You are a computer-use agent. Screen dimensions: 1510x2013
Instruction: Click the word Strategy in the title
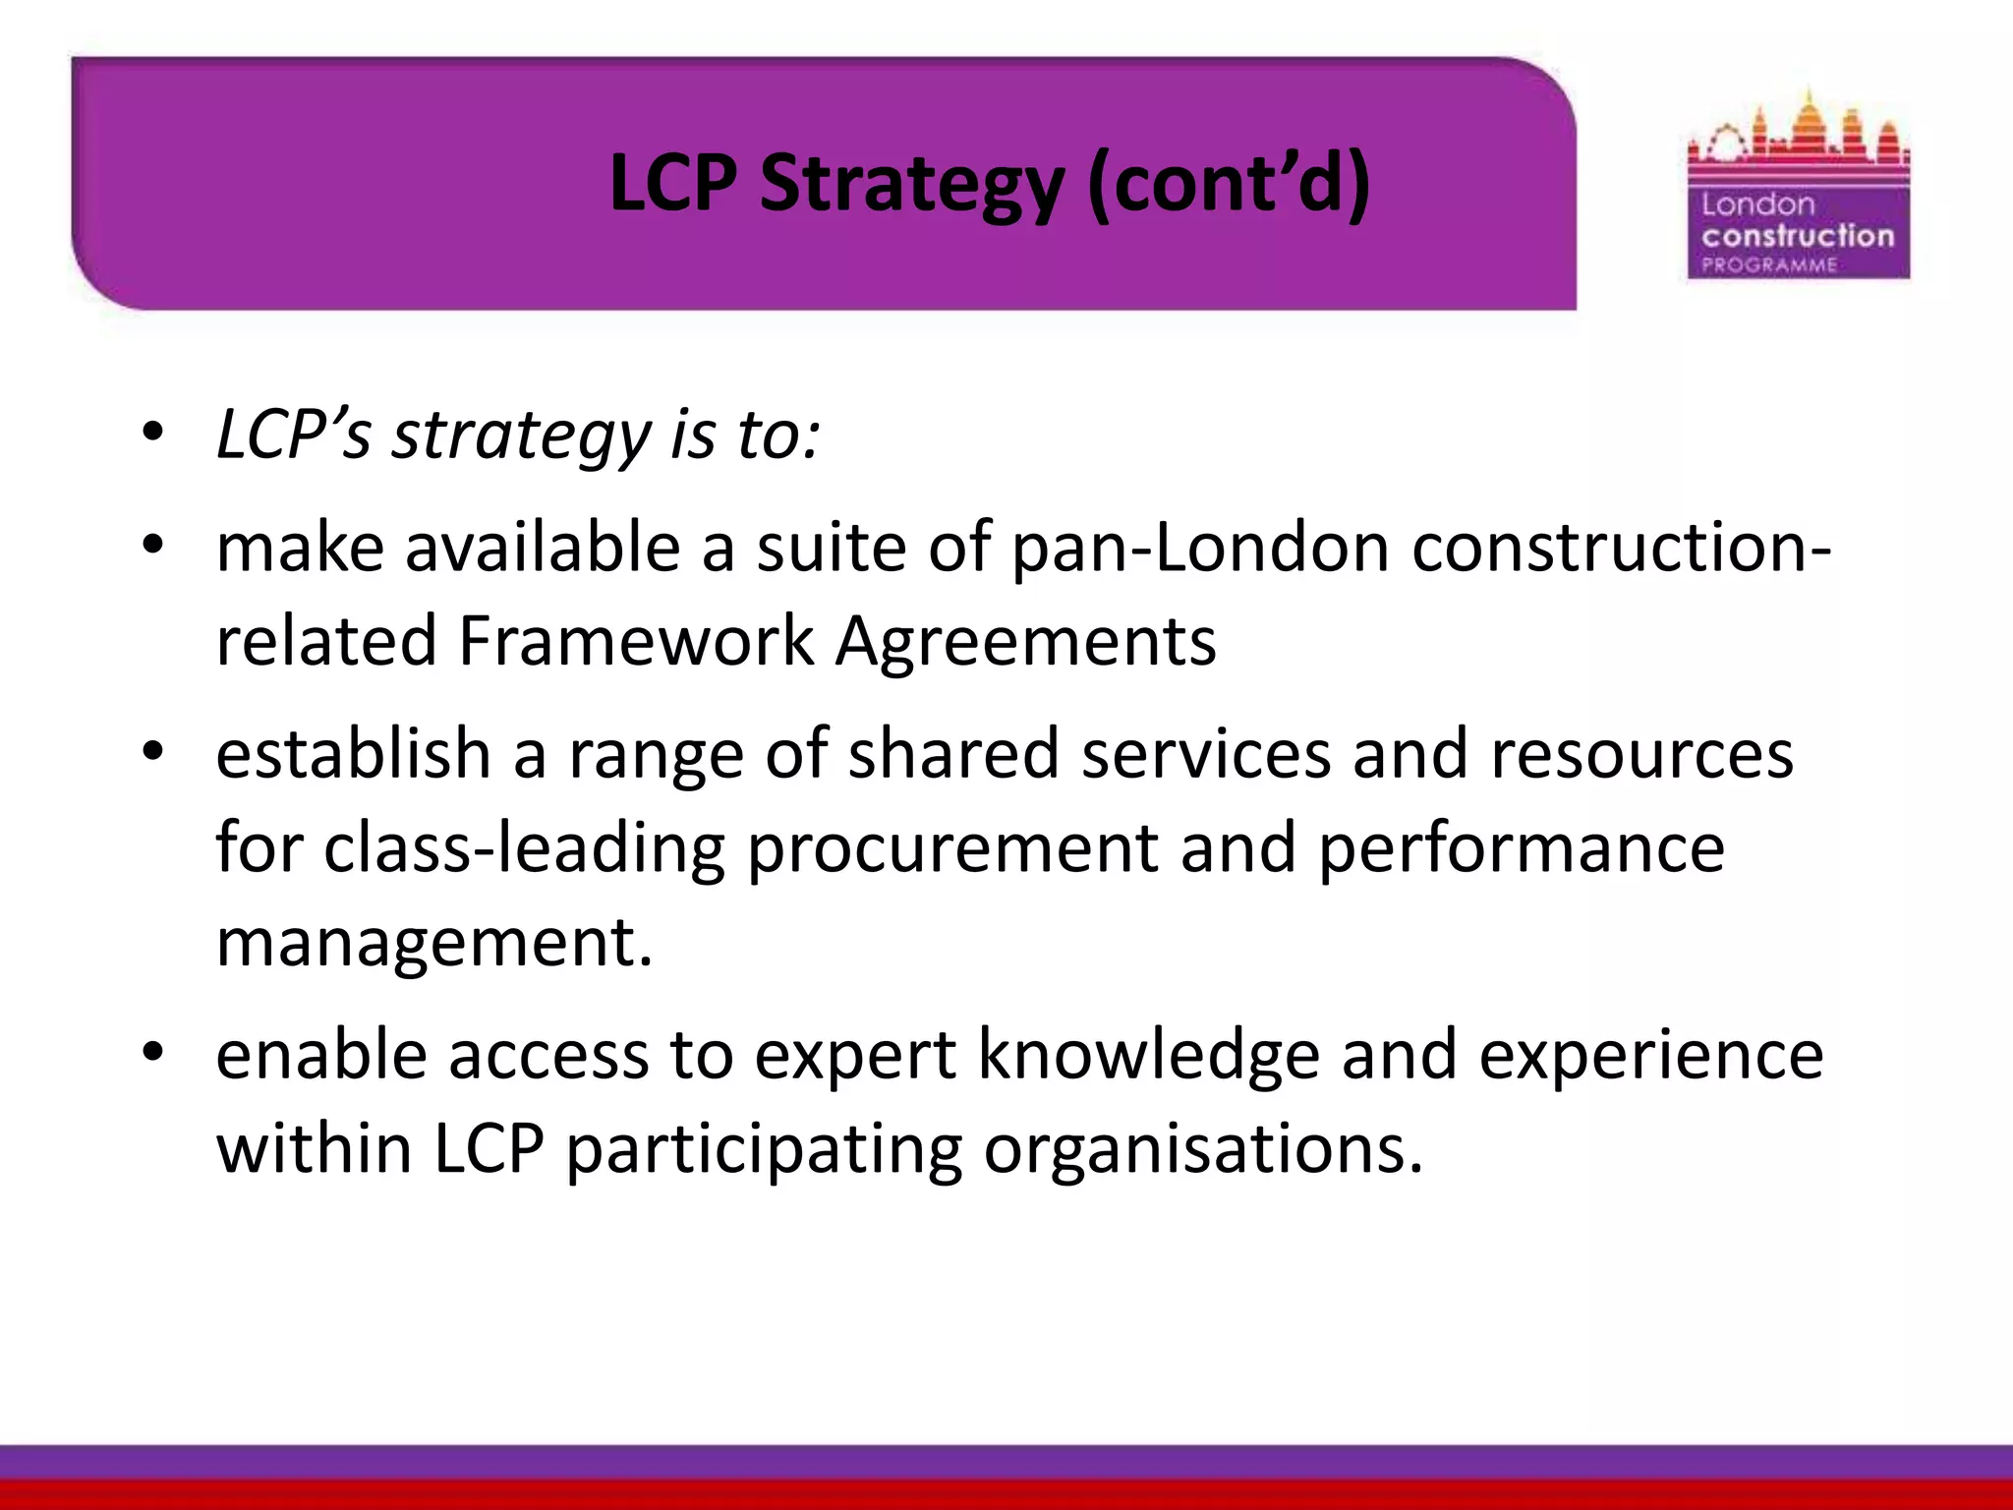[911, 185]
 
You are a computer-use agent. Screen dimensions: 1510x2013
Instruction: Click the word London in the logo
[1757, 204]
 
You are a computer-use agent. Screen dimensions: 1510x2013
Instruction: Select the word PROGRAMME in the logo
[1769, 265]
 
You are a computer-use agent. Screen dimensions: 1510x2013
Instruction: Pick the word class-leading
[525, 848]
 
